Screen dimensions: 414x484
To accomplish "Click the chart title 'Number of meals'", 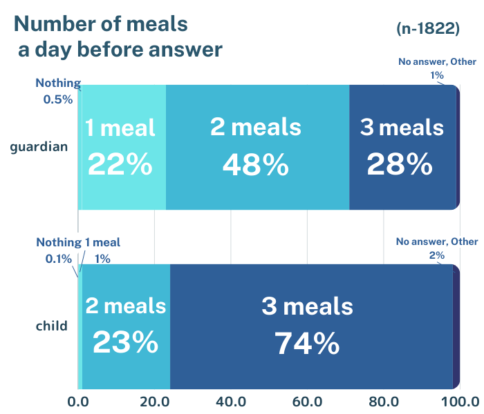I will tap(101, 23).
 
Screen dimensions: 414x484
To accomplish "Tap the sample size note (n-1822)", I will tap(428, 28).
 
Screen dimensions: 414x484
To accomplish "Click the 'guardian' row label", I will tap(39, 146).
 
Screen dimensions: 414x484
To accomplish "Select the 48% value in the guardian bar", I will tap(255, 165).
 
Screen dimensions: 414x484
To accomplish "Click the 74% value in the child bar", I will tap(307, 344).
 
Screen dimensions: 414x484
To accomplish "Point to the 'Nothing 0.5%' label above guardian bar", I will tap(58, 90).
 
